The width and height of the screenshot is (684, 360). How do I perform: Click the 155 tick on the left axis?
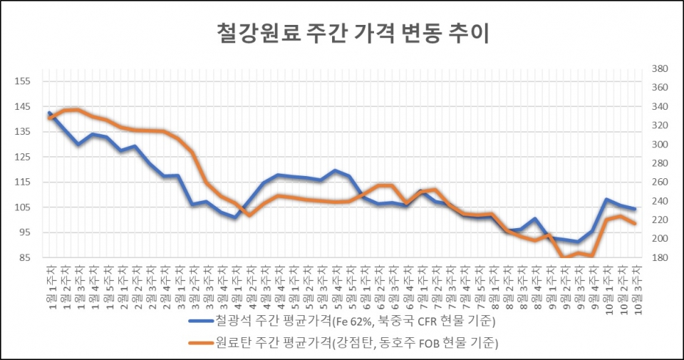tap(22, 81)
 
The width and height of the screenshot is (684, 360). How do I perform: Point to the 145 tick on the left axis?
tap(22, 107)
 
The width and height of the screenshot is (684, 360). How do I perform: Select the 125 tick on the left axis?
tap(22, 157)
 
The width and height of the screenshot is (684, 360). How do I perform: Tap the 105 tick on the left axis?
tap(22, 207)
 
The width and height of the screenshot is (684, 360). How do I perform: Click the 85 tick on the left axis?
tap(22, 257)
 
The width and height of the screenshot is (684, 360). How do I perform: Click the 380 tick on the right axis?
tap(660, 68)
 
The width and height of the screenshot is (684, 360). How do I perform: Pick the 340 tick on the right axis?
tap(660, 107)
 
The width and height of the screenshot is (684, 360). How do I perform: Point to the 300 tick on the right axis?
tap(660, 145)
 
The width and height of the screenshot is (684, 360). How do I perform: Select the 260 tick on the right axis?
tap(660, 182)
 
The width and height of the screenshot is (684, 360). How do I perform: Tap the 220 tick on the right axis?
tap(660, 220)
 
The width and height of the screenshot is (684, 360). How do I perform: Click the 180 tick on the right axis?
tap(660, 257)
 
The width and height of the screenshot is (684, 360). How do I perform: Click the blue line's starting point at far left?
tap(49, 113)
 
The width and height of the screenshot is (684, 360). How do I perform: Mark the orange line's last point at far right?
tap(634, 224)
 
